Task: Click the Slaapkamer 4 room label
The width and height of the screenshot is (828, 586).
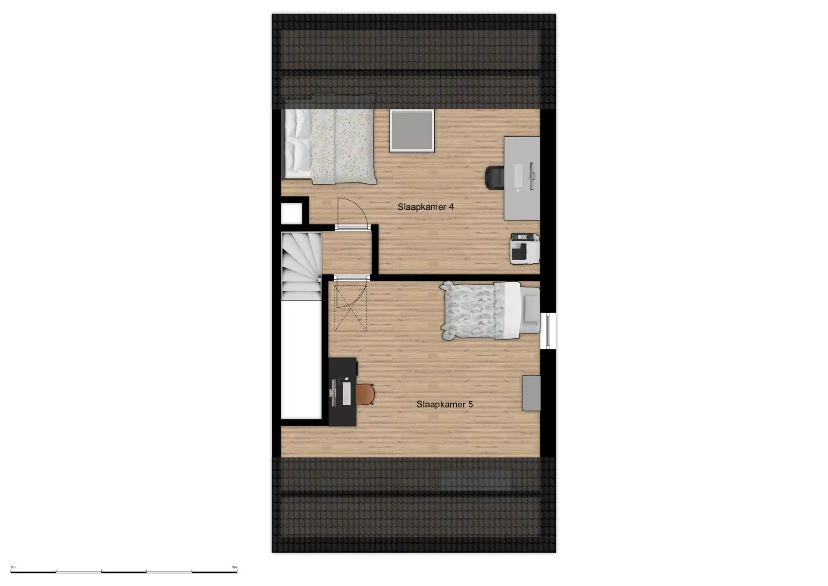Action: click(x=425, y=207)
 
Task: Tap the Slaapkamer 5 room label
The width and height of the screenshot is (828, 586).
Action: click(x=444, y=404)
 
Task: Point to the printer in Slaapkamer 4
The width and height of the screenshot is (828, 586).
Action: click(x=524, y=249)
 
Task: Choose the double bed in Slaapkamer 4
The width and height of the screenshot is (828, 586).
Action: click(x=329, y=146)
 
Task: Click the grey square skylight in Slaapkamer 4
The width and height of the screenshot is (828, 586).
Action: click(x=411, y=131)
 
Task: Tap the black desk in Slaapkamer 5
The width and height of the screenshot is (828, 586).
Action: click(x=342, y=391)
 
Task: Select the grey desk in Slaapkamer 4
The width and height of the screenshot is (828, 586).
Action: click(x=522, y=178)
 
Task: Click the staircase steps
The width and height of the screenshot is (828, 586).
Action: click(x=301, y=265)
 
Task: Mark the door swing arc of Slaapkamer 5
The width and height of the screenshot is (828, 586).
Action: click(x=351, y=293)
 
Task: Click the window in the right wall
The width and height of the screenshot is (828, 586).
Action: click(x=548, y=330)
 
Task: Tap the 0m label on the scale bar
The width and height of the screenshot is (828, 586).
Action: click(x=13, y=567)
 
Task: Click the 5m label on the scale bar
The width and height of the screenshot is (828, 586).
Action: click(x=235, y=567)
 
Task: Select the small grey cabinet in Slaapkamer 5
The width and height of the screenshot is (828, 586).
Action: click(x=531, y=393)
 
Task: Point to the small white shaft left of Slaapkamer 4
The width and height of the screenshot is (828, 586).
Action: click(x=292, y=213)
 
